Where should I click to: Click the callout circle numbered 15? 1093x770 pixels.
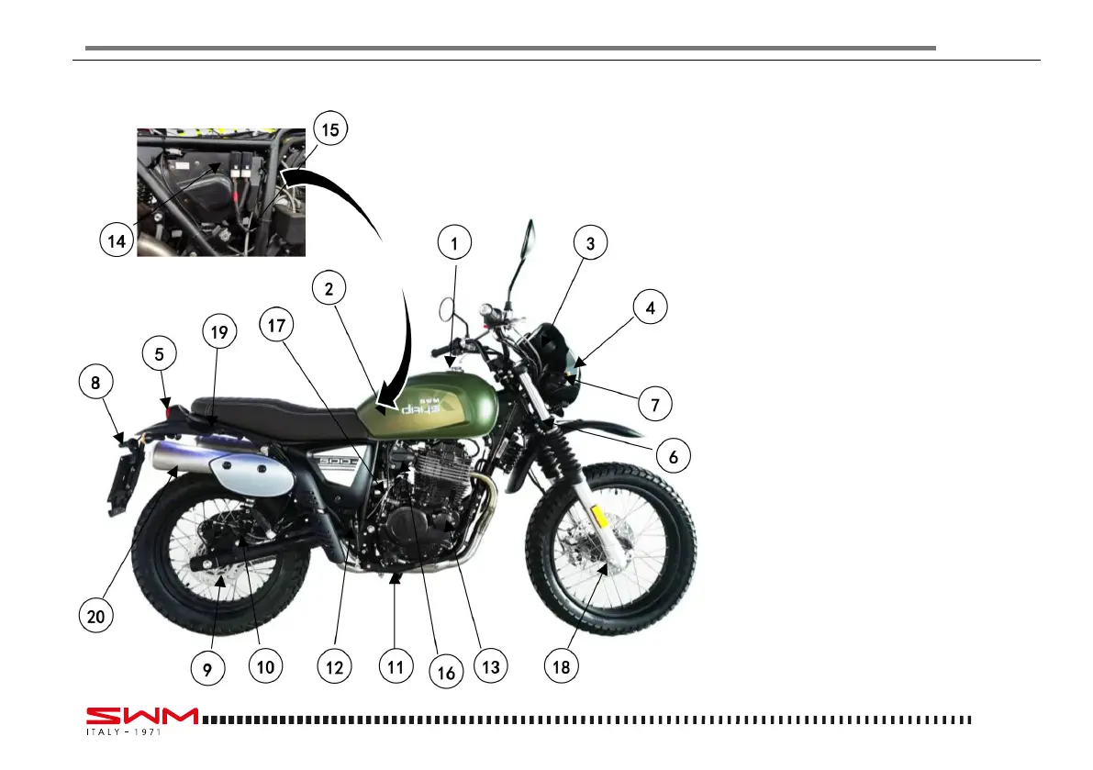coord(329,130)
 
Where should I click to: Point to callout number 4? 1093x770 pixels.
coord(650,308)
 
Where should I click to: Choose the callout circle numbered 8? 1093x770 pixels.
coord(95,384)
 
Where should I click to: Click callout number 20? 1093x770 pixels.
coord(95,617)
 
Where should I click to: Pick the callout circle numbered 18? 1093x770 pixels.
coord(562,667)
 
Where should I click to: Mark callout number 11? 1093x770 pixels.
coord(395,667)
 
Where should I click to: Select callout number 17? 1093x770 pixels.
coord(277,325)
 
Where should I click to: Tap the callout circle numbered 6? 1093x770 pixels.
coord(673,454)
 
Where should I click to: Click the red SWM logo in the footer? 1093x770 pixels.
coord(142,715)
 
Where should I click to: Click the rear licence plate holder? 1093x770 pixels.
coord(123,482)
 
